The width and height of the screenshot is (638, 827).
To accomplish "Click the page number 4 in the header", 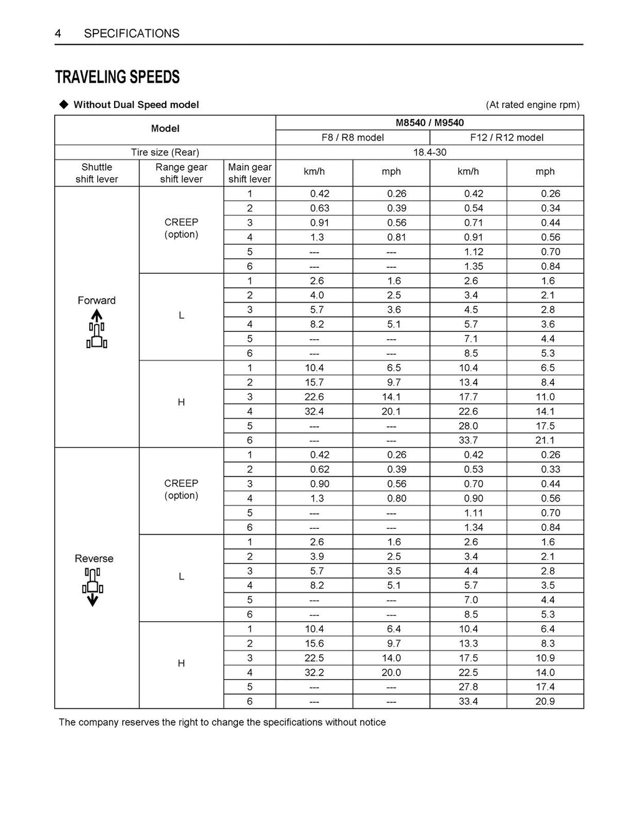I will click(58, 34).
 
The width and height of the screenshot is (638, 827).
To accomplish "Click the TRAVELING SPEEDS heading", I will click(117, 77).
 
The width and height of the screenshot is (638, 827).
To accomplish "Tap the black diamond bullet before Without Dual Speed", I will click(63, 104).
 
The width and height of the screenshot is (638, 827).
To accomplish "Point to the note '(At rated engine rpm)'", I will click(533, 105).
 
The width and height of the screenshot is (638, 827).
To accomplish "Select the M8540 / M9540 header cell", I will click(429, 123).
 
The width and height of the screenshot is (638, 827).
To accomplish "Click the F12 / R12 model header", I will click(507, 138).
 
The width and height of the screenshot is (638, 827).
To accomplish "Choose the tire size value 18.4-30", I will click(429, 152).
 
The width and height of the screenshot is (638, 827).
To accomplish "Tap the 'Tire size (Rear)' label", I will click(165, 152).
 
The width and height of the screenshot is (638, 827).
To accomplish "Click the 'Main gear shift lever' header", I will click(249, 173).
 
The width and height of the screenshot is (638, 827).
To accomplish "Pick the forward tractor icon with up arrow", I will click(97, 330).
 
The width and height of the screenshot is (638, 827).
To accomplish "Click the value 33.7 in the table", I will click(469, 440).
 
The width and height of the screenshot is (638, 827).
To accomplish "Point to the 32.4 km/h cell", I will click(314, 412).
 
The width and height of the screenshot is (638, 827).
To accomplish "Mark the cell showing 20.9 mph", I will click(545, 701).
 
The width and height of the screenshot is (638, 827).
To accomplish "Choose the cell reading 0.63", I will click(320, 208).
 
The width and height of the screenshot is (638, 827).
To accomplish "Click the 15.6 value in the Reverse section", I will click(314, 643).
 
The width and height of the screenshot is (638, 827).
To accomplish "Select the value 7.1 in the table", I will click(471, 339).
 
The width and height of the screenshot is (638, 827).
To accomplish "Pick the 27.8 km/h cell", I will click(469, 687).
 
